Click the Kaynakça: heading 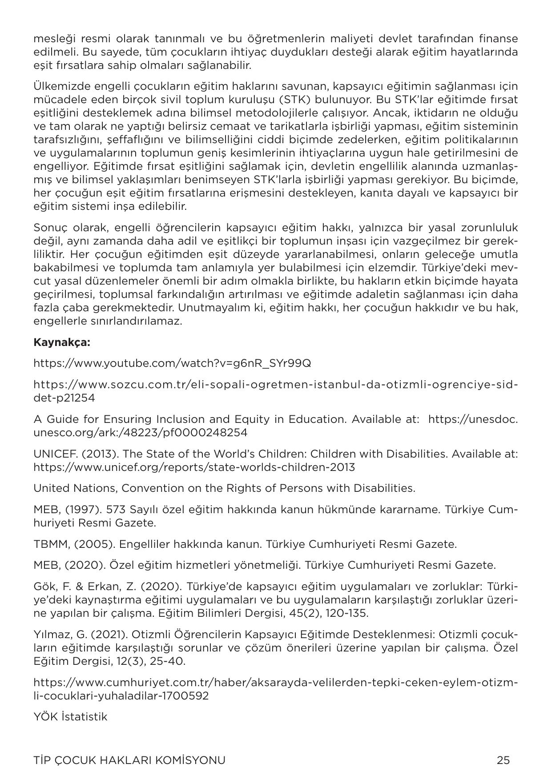(x=62, y=342)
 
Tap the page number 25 (x=503, y=760)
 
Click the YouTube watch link (x=172, y=363)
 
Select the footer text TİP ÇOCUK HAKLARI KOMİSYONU (x=129, y=760)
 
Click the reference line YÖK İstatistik (x=70, y=716)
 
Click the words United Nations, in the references (x=76, y=488)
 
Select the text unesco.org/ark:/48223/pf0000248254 (x=140, y=433)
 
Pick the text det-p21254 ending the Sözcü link (x=64, y=398)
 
